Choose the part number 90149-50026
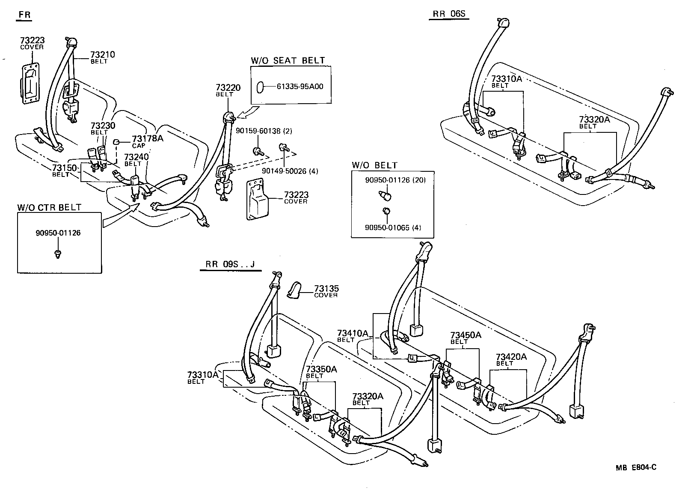[x=284, y=171]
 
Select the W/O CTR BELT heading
[x=49, y=208]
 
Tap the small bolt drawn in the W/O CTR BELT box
[x=58, y=254]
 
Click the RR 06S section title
[x=448, y=14]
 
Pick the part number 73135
[x=326, y=289]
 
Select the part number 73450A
[x=466, y=335]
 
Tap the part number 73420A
[x=511, y=357]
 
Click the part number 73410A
[x=353, y=333]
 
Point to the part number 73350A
[x=321, y=369]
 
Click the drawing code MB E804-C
[x=636, y=467]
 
